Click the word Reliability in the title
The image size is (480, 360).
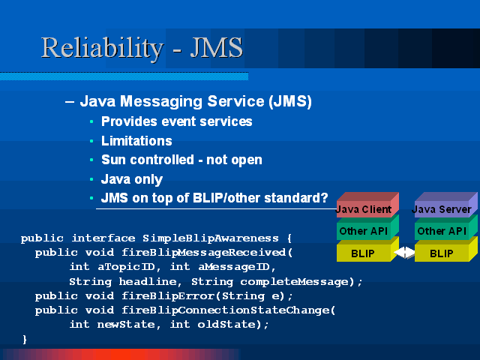pyautogui.click(x=103, y=48)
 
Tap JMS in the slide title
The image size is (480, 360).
pyautogui.click(x=217, y=47)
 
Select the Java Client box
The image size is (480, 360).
pyautogui.click(x=367, y=205)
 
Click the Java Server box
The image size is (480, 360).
pyautogui.click(x=446, y=205)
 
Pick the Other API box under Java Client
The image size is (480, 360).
pyautogui.click(x=367, y=227)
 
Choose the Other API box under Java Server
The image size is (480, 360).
pyautogui.click(x=446, y=227)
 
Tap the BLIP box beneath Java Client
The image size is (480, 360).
pyautogui.click(x=367, y=250)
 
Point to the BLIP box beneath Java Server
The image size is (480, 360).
pyautogui.click(x=446, y=250)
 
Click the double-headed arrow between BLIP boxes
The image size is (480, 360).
pyautogui.click(x=404, y=253)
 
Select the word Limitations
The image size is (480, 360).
pyautogui.click(x=136, y=141)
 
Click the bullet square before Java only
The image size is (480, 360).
pyautogui.click(x=91, y=179)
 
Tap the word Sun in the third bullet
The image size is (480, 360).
pyautogui.click(x=113, y=160)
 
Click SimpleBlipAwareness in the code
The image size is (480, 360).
pyautogui.click(x=211, y=238)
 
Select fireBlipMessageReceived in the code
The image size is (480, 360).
pyautogui.click(x=203, y=253)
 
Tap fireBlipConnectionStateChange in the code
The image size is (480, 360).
pyautogui.click(x=226, y=310)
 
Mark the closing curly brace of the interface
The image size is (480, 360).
pyautogui.click(x=25, y=340)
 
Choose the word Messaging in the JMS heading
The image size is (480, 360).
pyautogui.click(x=161, y=102)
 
